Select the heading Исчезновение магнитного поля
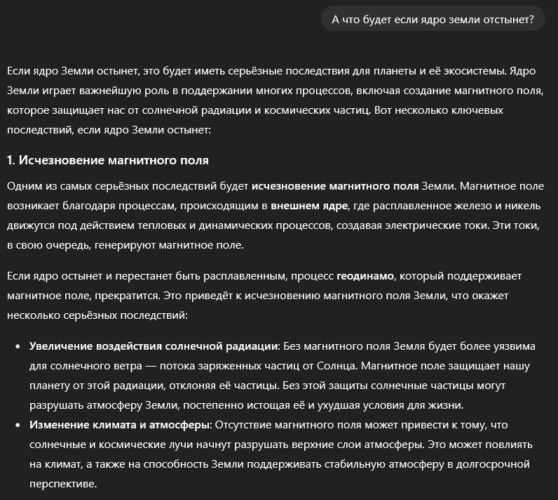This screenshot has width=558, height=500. click(114, 161)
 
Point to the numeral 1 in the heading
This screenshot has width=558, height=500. click(10, 161)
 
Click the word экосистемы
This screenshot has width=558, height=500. click(468, 71)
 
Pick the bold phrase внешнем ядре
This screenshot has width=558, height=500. click(309, 206)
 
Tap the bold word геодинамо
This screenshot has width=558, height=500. click(365, 276)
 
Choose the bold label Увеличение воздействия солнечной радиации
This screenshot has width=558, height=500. click(154, 346)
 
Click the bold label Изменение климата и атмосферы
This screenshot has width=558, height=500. click(119, 425)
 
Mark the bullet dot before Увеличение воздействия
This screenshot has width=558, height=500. click(18, 347)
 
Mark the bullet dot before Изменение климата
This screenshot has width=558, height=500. click(18, 426)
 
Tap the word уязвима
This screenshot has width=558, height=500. click(512, 346)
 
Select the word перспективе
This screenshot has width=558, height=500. click(62, 484)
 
